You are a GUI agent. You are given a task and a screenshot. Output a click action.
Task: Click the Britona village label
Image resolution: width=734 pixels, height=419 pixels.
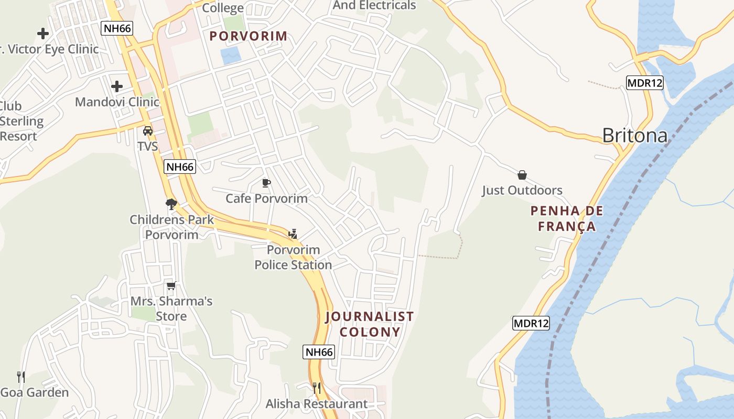coord(634,136)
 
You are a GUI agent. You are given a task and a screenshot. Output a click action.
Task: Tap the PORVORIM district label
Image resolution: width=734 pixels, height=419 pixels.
coord(249,36)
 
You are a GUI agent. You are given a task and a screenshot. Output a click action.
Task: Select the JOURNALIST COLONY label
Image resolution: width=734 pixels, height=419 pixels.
coord(370,324)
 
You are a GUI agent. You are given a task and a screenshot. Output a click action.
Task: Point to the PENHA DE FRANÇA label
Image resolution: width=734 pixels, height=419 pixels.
coord(566,219)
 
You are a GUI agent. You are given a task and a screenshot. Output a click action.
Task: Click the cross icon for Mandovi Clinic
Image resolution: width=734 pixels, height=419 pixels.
coord(117,86)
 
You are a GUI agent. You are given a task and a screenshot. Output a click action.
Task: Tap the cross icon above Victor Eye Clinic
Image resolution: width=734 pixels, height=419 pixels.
coord(43,34)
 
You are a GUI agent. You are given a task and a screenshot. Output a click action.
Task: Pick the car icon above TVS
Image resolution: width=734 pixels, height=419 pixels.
coord(148,130)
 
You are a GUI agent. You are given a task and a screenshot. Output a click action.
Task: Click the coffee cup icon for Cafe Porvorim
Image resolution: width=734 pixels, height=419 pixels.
coord(266,183)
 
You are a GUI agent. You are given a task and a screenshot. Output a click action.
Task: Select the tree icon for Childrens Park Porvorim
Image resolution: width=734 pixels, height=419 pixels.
coord(171,204)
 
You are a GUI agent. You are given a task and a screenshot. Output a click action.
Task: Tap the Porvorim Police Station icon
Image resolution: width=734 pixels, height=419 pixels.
coord(293,234)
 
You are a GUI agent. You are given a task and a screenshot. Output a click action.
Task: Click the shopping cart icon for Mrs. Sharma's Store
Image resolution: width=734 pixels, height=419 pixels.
coord(171,285)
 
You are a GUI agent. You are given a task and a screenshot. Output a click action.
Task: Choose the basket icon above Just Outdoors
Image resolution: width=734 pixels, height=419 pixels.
coord(522,174)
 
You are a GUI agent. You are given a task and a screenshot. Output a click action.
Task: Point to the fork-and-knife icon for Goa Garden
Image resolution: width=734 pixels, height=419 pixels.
coord(21,377)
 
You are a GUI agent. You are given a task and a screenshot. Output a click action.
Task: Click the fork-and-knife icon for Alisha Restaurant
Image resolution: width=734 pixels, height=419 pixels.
coord(317,388)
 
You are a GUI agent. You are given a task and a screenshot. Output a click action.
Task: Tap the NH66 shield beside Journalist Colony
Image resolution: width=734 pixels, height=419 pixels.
coord(319,352)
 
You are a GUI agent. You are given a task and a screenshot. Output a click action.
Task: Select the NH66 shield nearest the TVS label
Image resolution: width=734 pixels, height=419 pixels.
coord(180,167)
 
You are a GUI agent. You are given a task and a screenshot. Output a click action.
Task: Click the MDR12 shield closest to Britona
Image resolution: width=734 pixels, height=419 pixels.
coord(645,83)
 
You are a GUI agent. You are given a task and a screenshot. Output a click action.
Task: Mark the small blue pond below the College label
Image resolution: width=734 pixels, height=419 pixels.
coord(231,55)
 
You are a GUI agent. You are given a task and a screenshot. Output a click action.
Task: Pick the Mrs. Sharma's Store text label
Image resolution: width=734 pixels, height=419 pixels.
coord(171,308)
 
